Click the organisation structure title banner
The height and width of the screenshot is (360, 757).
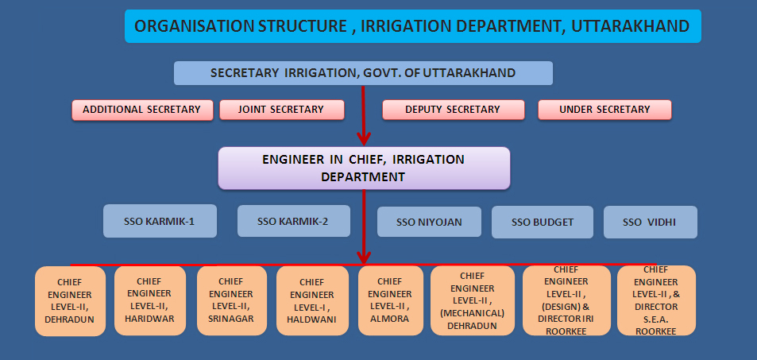pyautogui.click(x=412, y=26)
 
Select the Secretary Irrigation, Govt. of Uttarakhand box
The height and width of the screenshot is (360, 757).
pyautogui.click(x=363, y=73)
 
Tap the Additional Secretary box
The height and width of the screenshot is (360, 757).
pyautogui.click(x=142, y=110)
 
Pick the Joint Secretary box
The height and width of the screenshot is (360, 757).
pyautogui.click(x=281, y=110)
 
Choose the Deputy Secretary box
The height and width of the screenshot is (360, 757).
pyautogui.click(x=452, y=110)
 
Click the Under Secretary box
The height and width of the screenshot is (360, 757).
pyautogui.click(x=604, y=110)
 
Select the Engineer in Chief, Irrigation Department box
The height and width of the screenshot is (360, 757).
pyautogui.click(x=363, y=168)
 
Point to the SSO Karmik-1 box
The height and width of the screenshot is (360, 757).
pyautogui.click(x=160, y=221)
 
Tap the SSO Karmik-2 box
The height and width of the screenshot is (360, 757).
pyautogui.click(x=293, y=221)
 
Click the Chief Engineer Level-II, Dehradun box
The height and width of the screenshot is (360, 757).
pyautogui.click(x=70, y=300)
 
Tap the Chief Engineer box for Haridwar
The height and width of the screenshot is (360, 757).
pyautogui.click(x=149, y=300)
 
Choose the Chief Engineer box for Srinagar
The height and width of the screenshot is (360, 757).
pyautogui.click(x=230, y=300)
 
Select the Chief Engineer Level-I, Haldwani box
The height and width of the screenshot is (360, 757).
pyautogui.click(x=312, y=300)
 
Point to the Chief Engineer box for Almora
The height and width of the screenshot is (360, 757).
pyautogui.click(x=389, y=300)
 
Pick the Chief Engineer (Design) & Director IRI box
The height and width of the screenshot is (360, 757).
pyautogui.click(x=566, y=300)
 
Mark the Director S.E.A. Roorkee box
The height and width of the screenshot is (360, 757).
pyautogui.click(x=655, y=300)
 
